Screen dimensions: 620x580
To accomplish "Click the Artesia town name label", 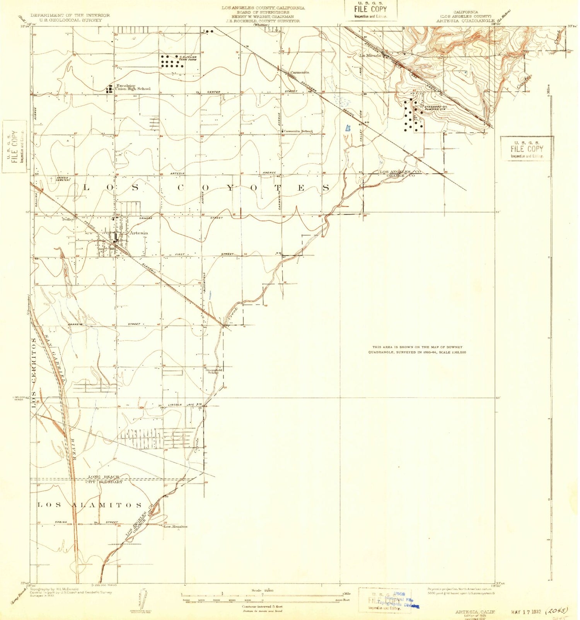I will coord(138,233).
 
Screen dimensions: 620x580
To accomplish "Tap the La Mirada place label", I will coord(370,55).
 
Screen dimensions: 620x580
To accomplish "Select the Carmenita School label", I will coord(298,131).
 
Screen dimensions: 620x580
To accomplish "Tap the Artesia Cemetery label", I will coord(63,178).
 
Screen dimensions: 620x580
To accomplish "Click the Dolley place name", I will coord(68,219).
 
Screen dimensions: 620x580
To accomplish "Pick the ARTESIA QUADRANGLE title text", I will coord(465,20).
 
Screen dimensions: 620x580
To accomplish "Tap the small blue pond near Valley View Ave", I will coord(348,128).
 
